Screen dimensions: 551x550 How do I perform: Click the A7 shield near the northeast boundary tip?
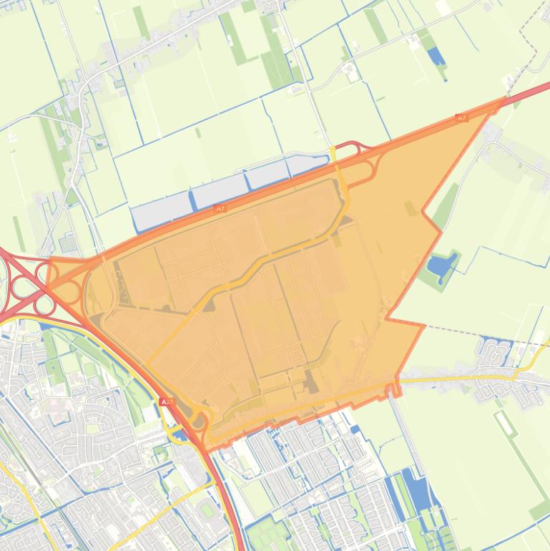(x=461, y=118)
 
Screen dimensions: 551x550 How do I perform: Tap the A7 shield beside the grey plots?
(x=220, y=208)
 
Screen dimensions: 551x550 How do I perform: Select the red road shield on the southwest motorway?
(x=167, y=403)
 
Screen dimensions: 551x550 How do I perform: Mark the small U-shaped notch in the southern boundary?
(x=393, y=391)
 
